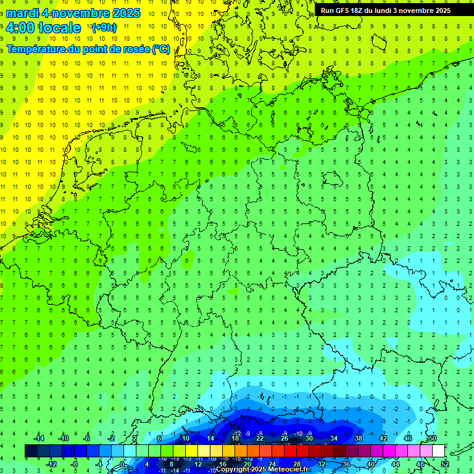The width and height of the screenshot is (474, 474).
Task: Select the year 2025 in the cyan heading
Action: coord(123,13)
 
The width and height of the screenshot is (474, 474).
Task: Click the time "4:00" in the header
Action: coord(20,28)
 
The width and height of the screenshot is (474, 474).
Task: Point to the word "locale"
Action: coord(59,28)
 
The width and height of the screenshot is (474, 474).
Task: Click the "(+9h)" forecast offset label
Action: coord(103,28)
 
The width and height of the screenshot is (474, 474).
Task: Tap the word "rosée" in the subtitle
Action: coord(136,49)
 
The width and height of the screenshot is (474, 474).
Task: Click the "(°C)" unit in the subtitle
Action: coord(161,49)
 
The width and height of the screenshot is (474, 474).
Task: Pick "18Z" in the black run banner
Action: coord(360,10)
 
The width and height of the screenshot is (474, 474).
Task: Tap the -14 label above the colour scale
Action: coord(39,438)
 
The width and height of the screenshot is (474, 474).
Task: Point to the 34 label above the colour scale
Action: coord(334,438)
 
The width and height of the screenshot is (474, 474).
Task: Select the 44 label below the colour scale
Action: coord(396,464)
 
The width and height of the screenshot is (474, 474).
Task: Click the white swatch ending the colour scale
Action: coord(438,451)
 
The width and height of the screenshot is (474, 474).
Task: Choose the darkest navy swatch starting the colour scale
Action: coord(31,451)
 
